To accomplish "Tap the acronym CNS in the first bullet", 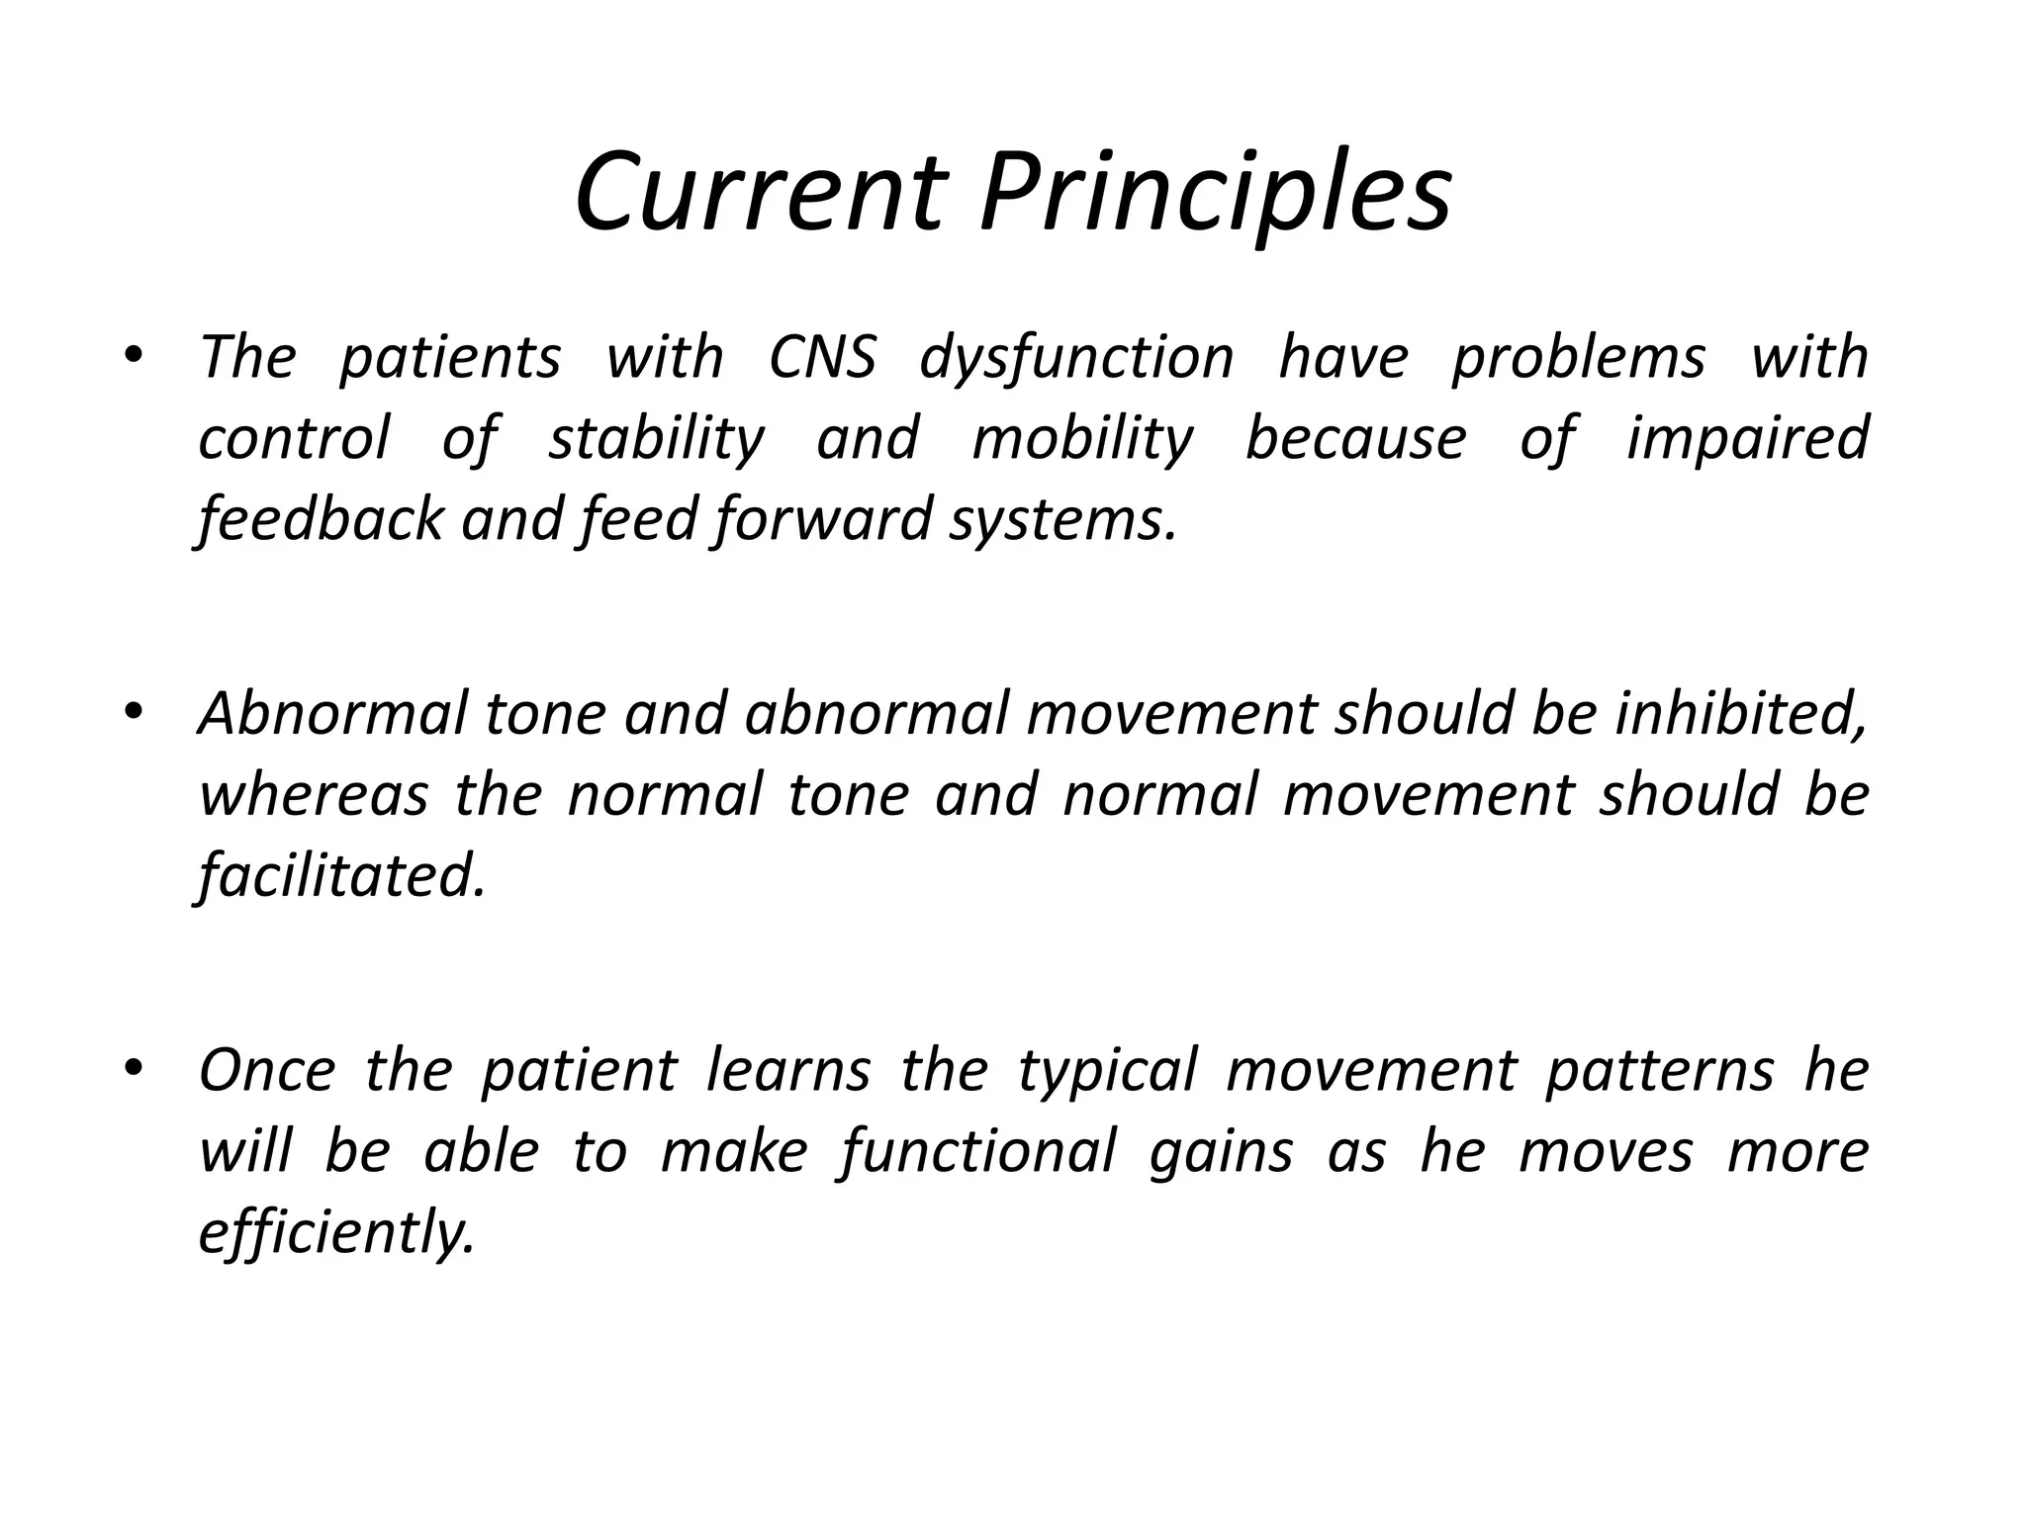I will (x=822, y=357).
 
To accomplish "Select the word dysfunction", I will (x=1076, y=357).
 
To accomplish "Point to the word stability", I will (x=656, y=438).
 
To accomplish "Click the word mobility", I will (x=1082, y=438).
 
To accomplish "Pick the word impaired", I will (x=1747, y=438).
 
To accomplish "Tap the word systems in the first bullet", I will (x=1062, y=519).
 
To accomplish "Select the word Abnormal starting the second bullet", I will (x=332, y=713).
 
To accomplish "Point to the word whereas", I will (x=314, y=794).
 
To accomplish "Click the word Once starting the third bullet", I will (x=267, y=1070).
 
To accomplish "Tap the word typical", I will (x=1108, y=1070).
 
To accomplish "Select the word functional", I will (x=978, y=1152).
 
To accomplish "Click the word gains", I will (x=1221, y=1152).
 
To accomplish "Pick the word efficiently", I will (x=336, y=1233).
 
